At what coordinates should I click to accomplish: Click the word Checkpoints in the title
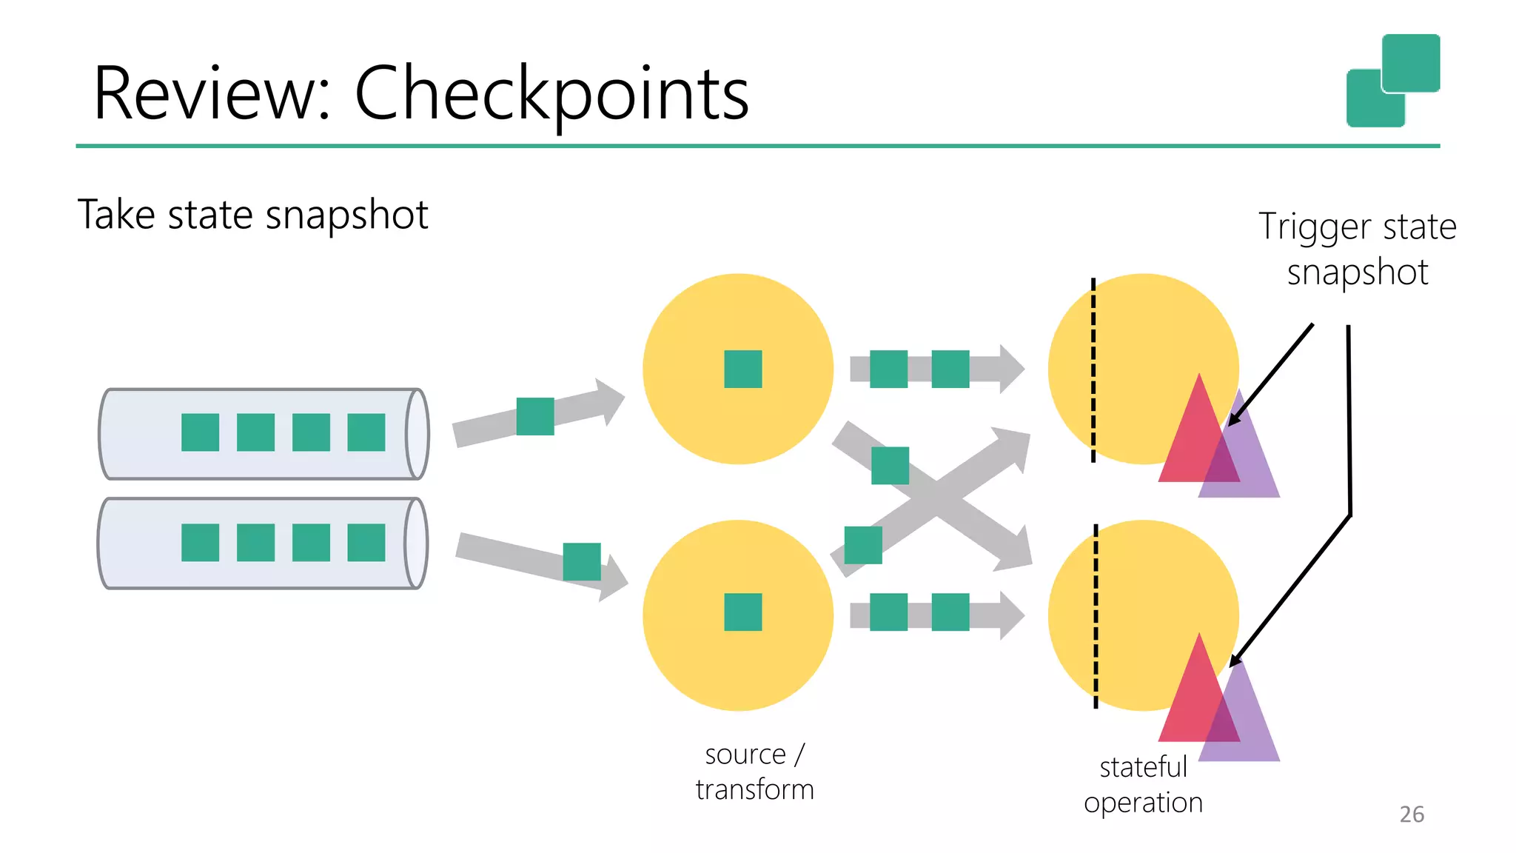coord(551,94)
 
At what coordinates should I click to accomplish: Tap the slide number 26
coord(1411,814)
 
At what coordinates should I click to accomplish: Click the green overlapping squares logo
coord(1392,81)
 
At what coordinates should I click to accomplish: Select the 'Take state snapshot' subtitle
coord(252,215)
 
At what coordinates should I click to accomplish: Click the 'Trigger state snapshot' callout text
coord(1357,249)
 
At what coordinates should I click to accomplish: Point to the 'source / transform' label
coord(754,772)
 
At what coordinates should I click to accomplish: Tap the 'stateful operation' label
coord(1143,785)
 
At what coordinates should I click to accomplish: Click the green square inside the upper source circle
coord(742,369)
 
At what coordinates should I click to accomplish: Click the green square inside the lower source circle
coord(742,612)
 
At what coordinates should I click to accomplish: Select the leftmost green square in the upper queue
coord(200,432)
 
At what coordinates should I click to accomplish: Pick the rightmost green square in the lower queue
coord(366,543)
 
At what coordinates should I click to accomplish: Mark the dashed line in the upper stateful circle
coord(1093,370)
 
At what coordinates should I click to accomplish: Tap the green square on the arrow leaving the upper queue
coord(535,416)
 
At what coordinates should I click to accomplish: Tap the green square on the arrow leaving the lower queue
coord(582,561)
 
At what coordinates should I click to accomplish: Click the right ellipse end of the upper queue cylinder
coord(417,434)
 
